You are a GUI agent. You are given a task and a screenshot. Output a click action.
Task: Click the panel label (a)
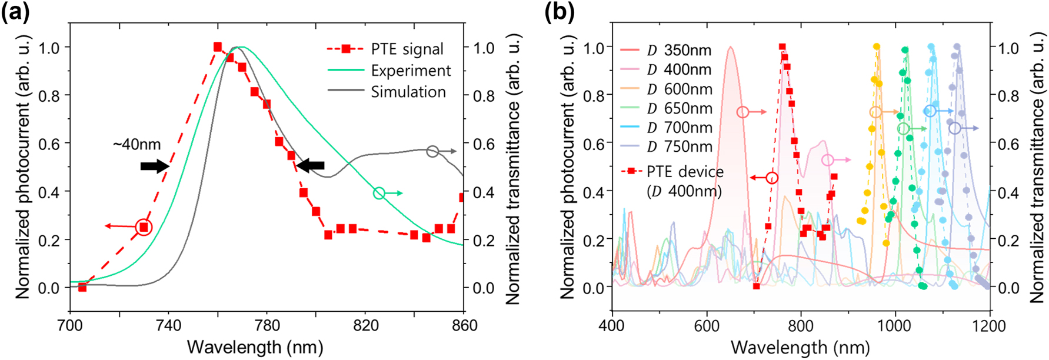tap(16, 12)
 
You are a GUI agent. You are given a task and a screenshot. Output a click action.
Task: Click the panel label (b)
tap(560, 12)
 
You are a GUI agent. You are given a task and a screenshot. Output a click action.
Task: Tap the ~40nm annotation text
tap(137, 144)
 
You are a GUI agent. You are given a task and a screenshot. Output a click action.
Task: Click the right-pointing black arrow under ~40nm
tap(155, 166)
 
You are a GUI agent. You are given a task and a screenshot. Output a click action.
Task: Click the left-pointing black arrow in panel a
tap(310, 165)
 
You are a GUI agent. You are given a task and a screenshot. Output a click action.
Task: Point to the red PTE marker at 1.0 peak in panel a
tap(218, 46)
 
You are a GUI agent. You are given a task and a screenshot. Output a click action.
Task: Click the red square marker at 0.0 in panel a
tap(82, 287)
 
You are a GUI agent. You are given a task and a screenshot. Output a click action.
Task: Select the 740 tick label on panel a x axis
tap(168, 325)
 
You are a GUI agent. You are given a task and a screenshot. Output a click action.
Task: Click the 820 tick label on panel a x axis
tap(365, 325)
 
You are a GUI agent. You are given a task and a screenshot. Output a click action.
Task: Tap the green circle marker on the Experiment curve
tap(379, 193)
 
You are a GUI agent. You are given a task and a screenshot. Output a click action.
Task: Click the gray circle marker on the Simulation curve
tap(432, 151)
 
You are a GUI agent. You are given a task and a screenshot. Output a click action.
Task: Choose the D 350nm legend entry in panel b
tap(680, 51)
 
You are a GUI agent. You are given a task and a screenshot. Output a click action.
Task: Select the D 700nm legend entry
tap(680, 128)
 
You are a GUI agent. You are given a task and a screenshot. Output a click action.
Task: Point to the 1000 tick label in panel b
tap(895, 325)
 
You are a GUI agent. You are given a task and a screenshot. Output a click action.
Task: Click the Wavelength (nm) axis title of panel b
tap(800, 348)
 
